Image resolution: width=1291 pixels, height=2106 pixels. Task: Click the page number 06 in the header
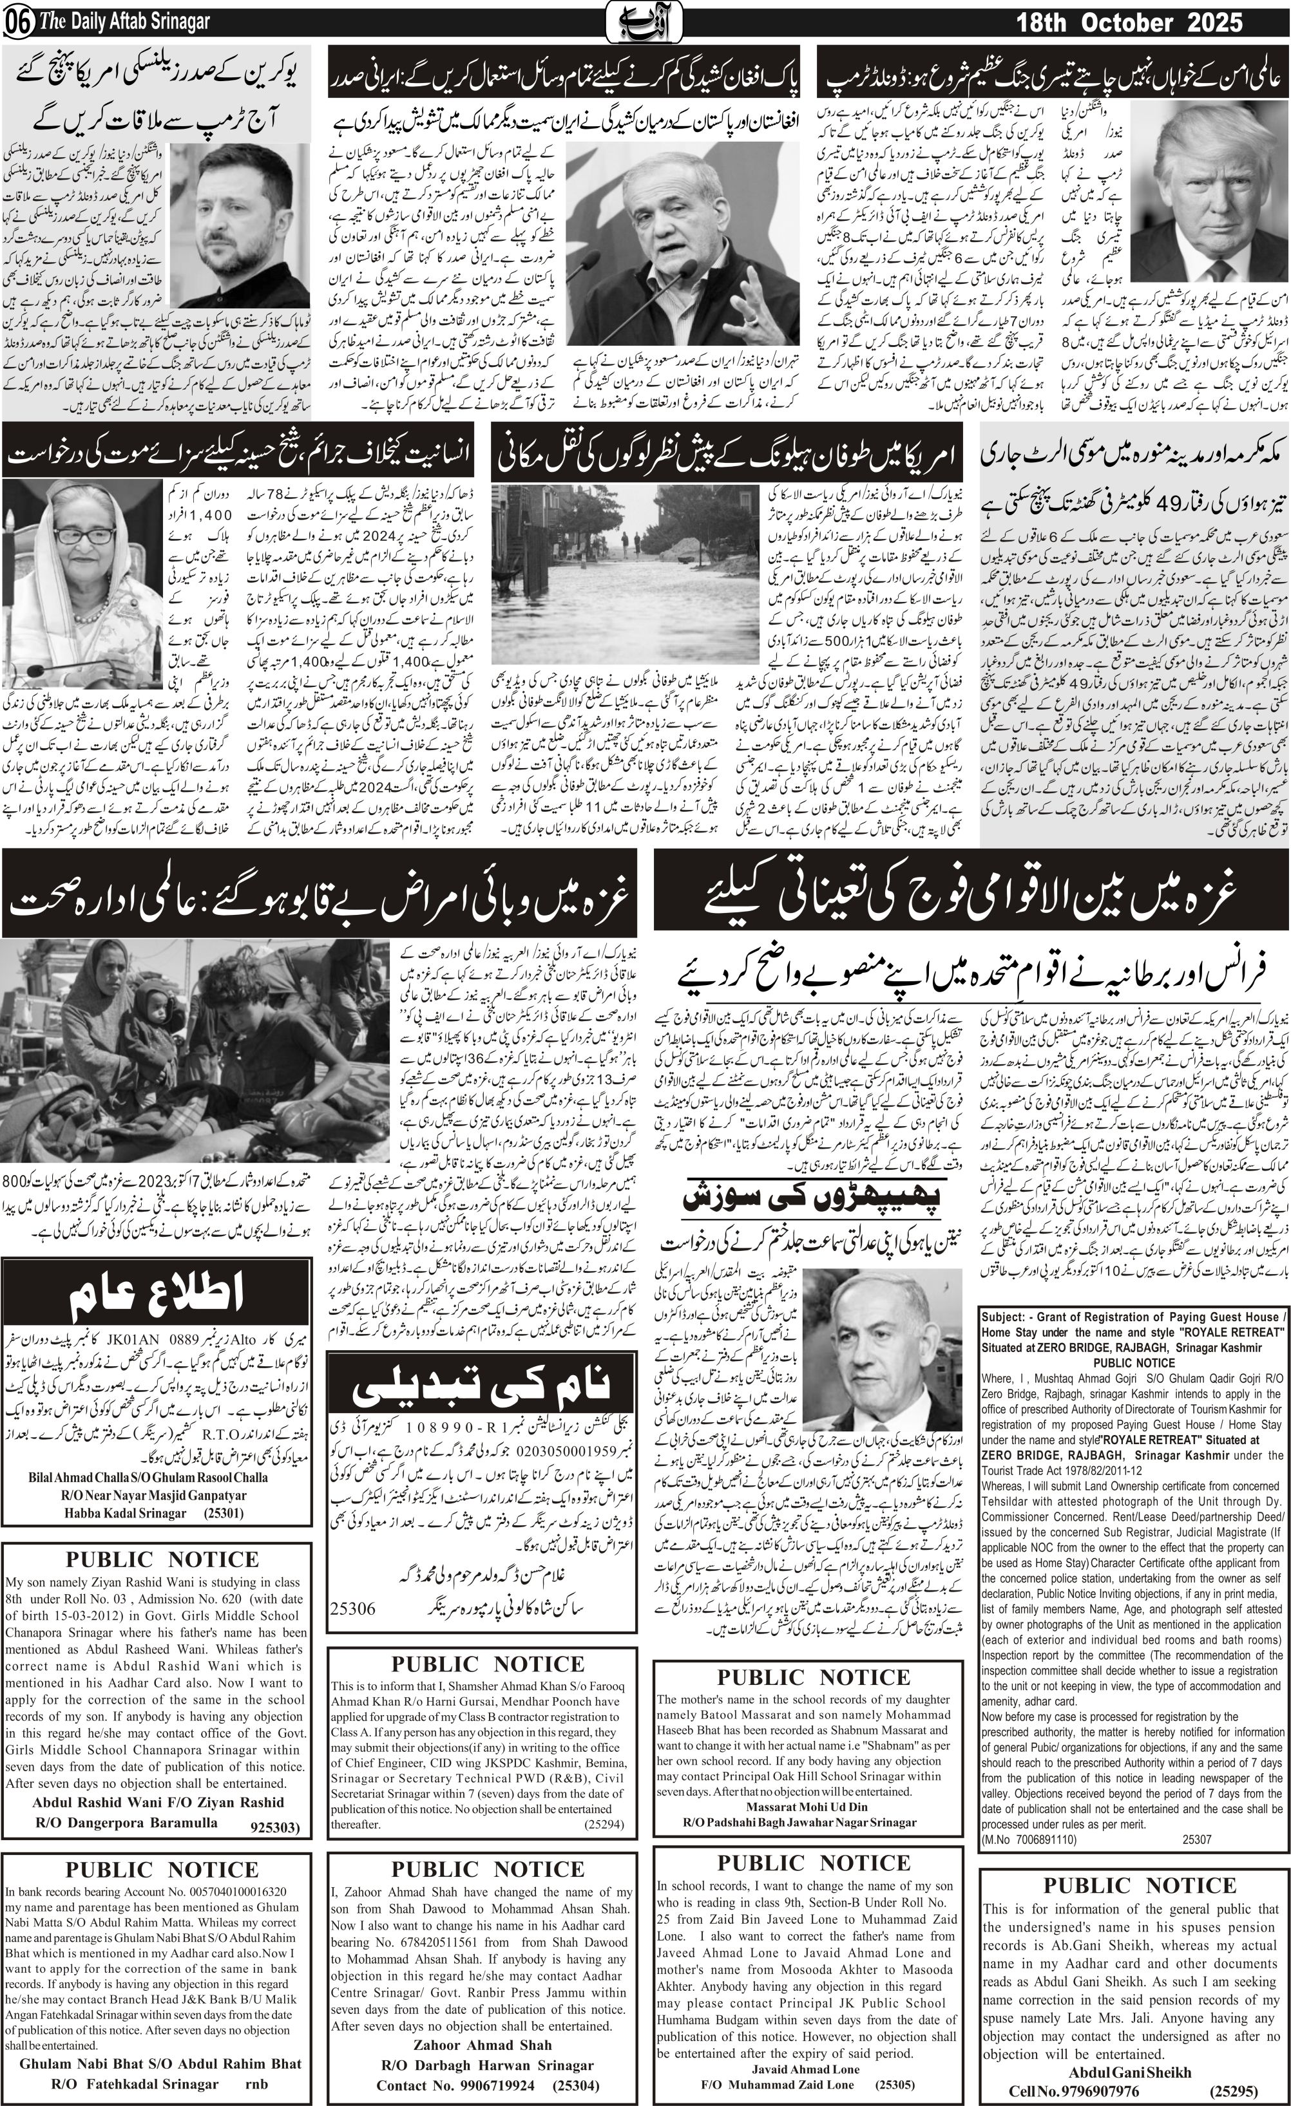click(17, 23)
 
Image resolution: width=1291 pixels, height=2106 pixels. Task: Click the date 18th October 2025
click(1129, 23)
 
